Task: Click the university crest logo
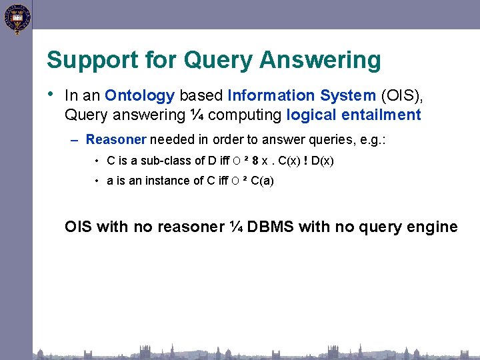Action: point(16,18)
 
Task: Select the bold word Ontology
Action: point(139,96)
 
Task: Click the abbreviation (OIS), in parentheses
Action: point(402,96)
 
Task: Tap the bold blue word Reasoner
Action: point(116,139)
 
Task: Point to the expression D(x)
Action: point(323,161)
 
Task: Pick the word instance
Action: point(159,181)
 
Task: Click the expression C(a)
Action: point(262,181)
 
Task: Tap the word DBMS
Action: point(271,227)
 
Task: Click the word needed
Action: point(169,139)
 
